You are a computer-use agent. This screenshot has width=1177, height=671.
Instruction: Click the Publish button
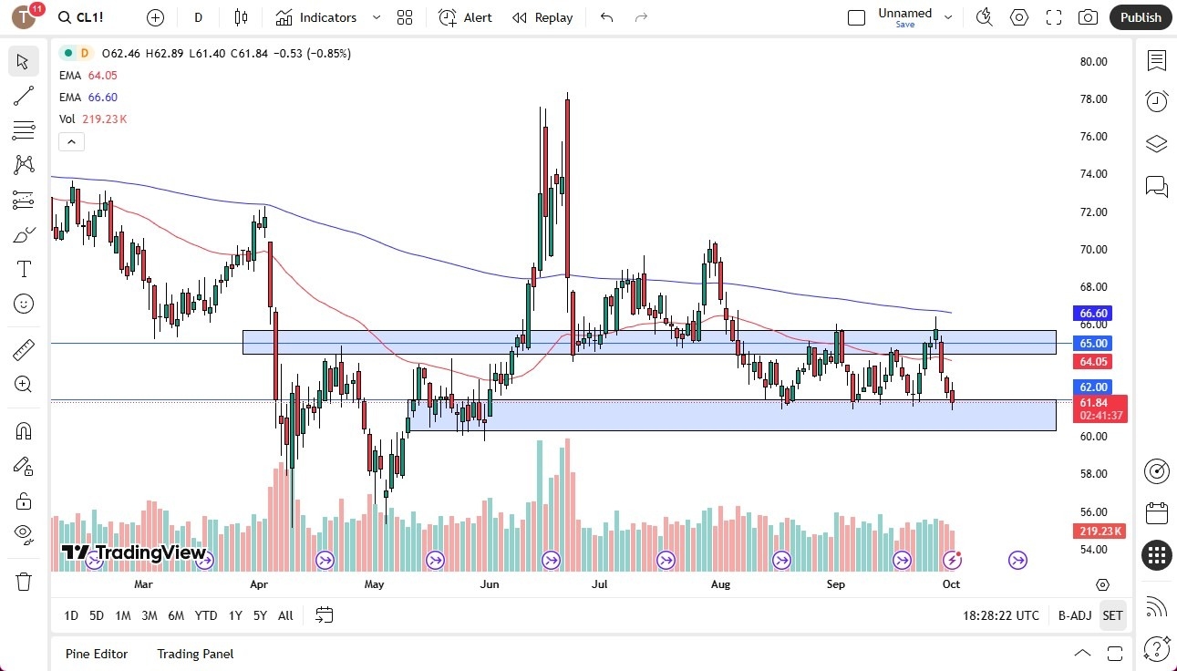coord(1141,17)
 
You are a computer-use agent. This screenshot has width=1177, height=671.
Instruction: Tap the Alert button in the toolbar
coord(465,17)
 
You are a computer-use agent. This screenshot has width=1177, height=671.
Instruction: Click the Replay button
coord(542,17)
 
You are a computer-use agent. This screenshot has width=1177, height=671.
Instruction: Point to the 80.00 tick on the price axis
coord(1092,62)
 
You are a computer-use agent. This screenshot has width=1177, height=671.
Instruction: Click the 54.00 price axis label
coord(1092,550)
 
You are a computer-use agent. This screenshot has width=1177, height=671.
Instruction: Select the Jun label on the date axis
coord(490,584)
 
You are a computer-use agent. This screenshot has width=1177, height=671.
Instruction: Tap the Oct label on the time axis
coord(951,584)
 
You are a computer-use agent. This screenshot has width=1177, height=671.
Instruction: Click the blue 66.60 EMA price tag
coord(1093,314)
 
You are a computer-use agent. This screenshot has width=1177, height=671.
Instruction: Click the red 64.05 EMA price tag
coord(1093,362)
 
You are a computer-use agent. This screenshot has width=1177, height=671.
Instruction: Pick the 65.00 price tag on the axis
coord(1093,344)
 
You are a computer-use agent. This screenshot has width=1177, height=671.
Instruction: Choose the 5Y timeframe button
coord(260,615)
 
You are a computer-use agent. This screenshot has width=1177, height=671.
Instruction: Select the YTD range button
coord(206,615)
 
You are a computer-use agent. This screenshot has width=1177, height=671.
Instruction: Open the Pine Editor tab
coord(97,654)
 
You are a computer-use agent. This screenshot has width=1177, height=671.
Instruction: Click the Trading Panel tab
coord(195,654)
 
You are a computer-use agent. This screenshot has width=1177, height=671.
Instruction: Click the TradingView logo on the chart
coord(133,552)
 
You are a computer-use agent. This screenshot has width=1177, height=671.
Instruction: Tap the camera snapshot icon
coord(1088,17)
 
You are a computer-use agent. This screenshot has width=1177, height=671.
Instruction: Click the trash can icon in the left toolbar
coord(24,582)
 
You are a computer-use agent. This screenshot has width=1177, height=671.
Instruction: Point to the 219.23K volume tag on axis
coord(1100,532)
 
